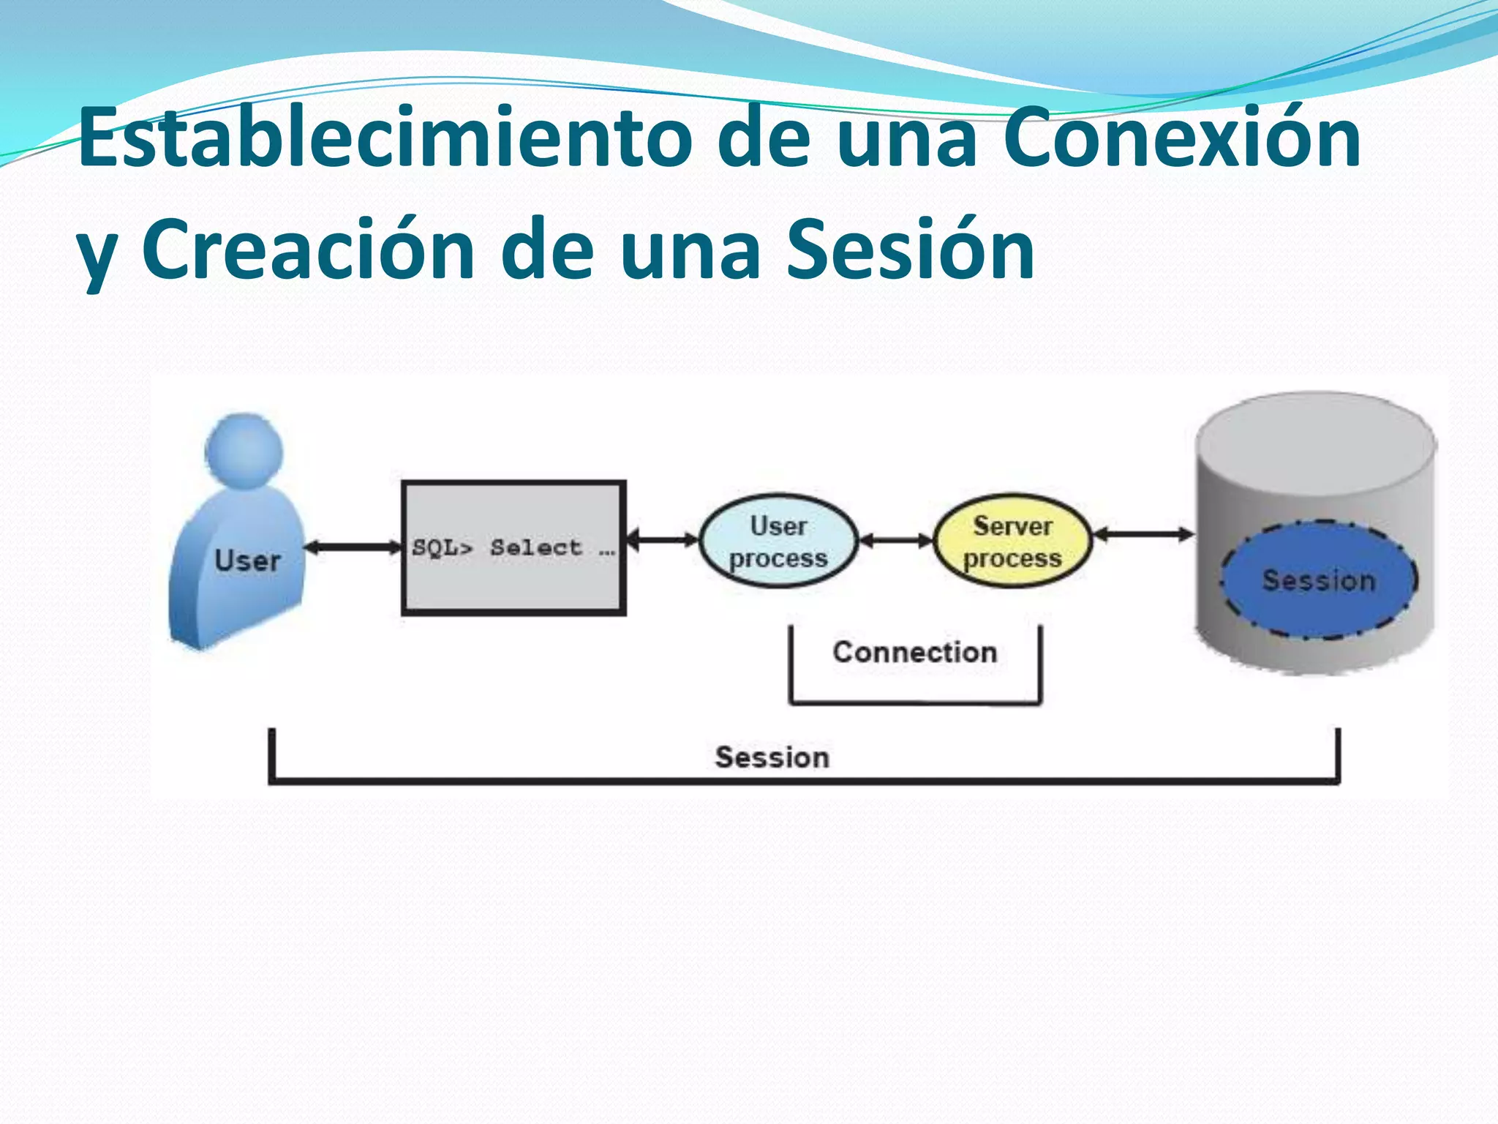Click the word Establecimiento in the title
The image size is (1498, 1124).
384,137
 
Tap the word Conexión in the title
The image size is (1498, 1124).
1181,137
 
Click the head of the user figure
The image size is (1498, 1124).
244,448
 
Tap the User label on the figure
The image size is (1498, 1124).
247,561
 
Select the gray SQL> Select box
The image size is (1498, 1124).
513,578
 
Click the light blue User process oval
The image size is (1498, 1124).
778,542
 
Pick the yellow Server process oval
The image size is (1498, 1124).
1012,542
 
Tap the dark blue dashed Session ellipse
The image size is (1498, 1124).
1318,580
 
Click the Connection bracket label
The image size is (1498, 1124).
914,652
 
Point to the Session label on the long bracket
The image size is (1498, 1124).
772,757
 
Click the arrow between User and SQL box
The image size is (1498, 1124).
353,547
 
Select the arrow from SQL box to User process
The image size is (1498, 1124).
663,540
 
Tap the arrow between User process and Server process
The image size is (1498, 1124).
896,541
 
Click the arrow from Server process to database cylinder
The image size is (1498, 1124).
1143,535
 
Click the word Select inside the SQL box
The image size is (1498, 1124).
535,547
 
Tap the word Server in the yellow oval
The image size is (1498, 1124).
1012,525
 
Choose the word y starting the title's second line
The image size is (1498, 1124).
97,256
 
